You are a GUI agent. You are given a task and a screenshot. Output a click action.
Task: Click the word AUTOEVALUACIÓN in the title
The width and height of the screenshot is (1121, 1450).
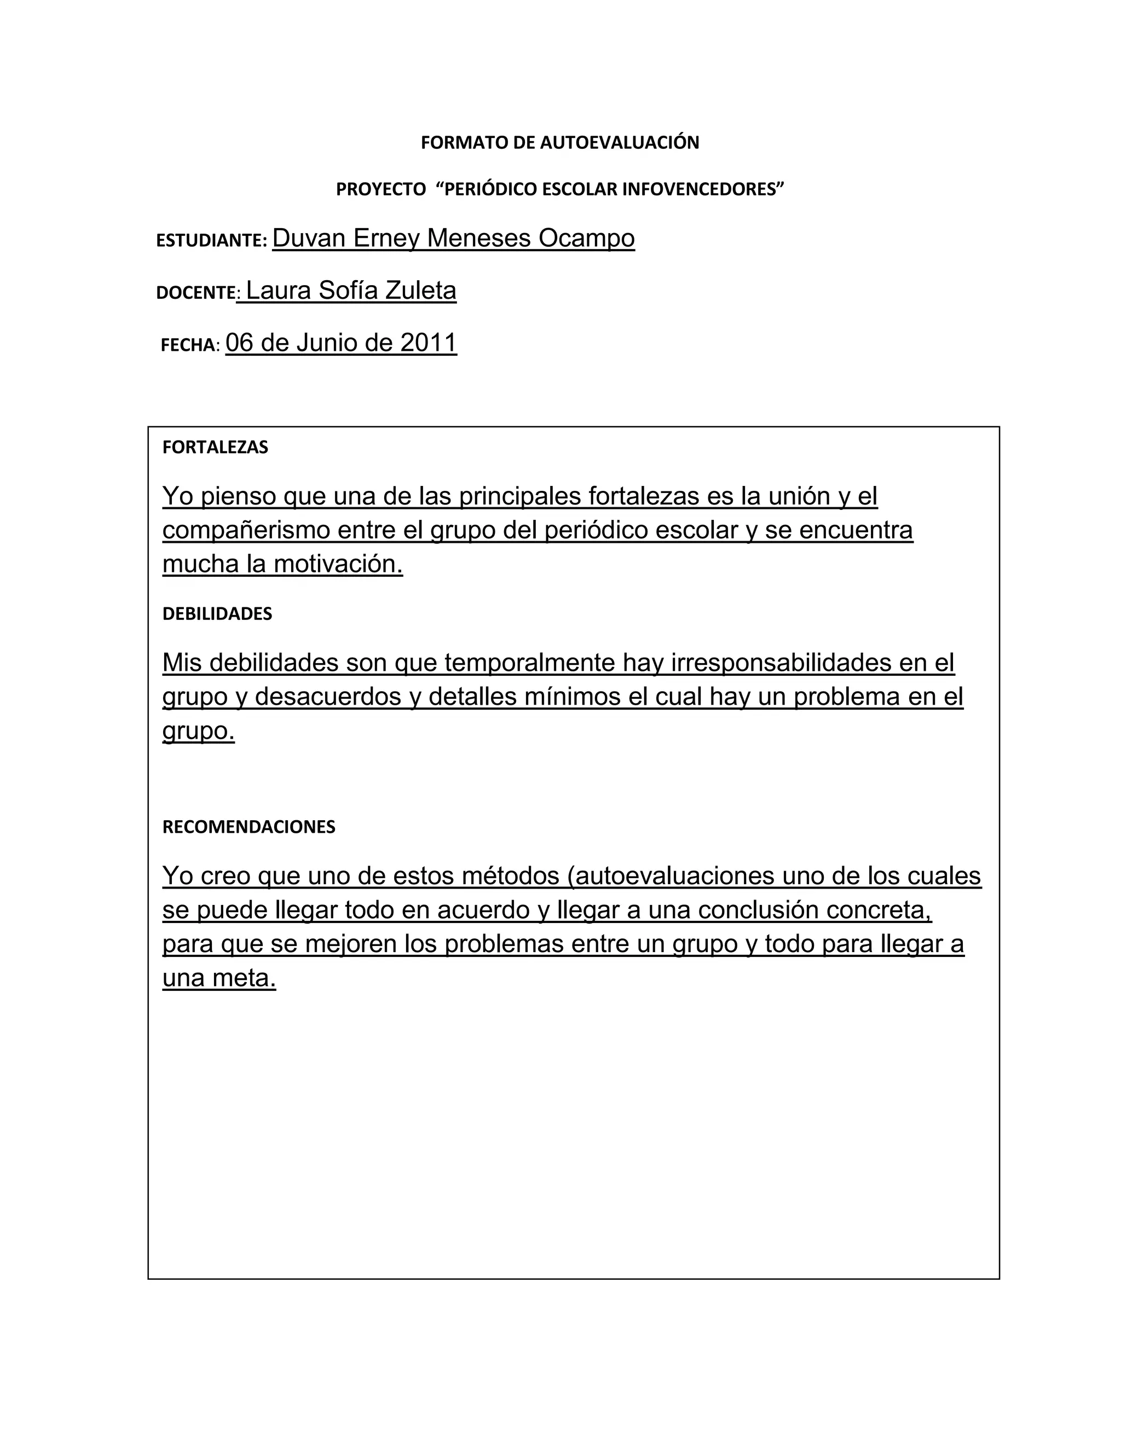click(x=620, y=143)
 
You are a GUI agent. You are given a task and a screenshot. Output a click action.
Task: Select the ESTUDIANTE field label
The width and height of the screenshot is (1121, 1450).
click(x=211, y=240)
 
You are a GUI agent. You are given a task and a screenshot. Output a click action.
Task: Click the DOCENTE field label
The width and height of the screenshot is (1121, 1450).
click(x=196, y=293)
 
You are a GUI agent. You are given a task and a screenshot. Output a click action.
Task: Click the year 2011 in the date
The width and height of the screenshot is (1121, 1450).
click(x=429, y=343)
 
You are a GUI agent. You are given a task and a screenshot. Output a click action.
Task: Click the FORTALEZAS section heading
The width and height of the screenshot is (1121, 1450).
click(x=215, y=448)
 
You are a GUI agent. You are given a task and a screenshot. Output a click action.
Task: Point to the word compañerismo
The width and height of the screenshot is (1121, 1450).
click(x=246, y=530)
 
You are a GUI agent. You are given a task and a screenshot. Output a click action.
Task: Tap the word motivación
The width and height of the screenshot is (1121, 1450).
click(x=338, y=564)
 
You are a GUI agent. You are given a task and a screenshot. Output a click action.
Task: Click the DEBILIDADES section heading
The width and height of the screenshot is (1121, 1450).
click(x=217, y=614)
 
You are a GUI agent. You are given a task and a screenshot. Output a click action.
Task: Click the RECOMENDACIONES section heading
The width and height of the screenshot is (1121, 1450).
click(x=249, y=827)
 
